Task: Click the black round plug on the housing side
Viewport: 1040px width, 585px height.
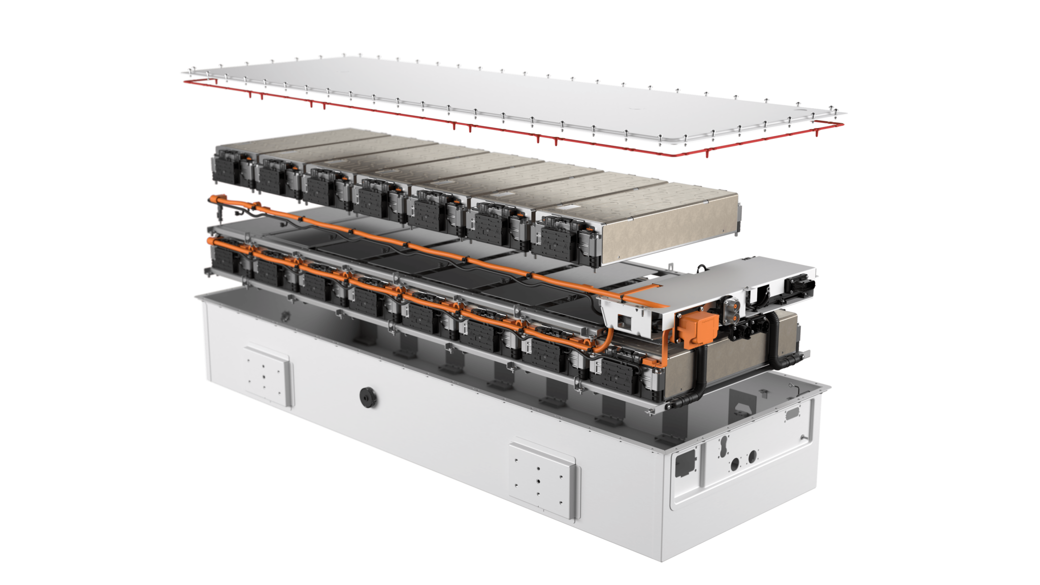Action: pos(367,396)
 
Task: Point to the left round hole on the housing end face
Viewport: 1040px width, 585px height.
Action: pos(734,463)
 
